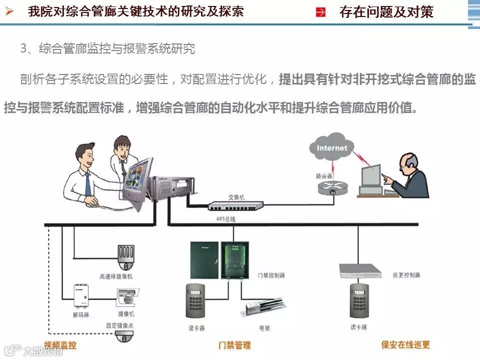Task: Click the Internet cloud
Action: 331,148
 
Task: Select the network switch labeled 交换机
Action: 235,205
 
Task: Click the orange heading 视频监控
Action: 60,345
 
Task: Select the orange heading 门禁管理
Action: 234,345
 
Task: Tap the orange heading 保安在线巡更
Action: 405,344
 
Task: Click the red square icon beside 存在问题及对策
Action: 321,12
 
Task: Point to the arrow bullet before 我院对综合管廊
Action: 8,11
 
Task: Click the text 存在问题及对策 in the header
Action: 386,12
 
